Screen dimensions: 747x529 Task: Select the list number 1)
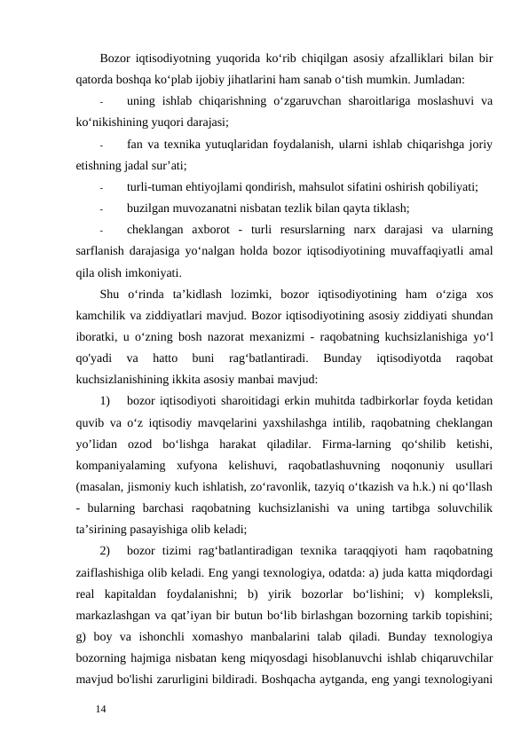(106, 402)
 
